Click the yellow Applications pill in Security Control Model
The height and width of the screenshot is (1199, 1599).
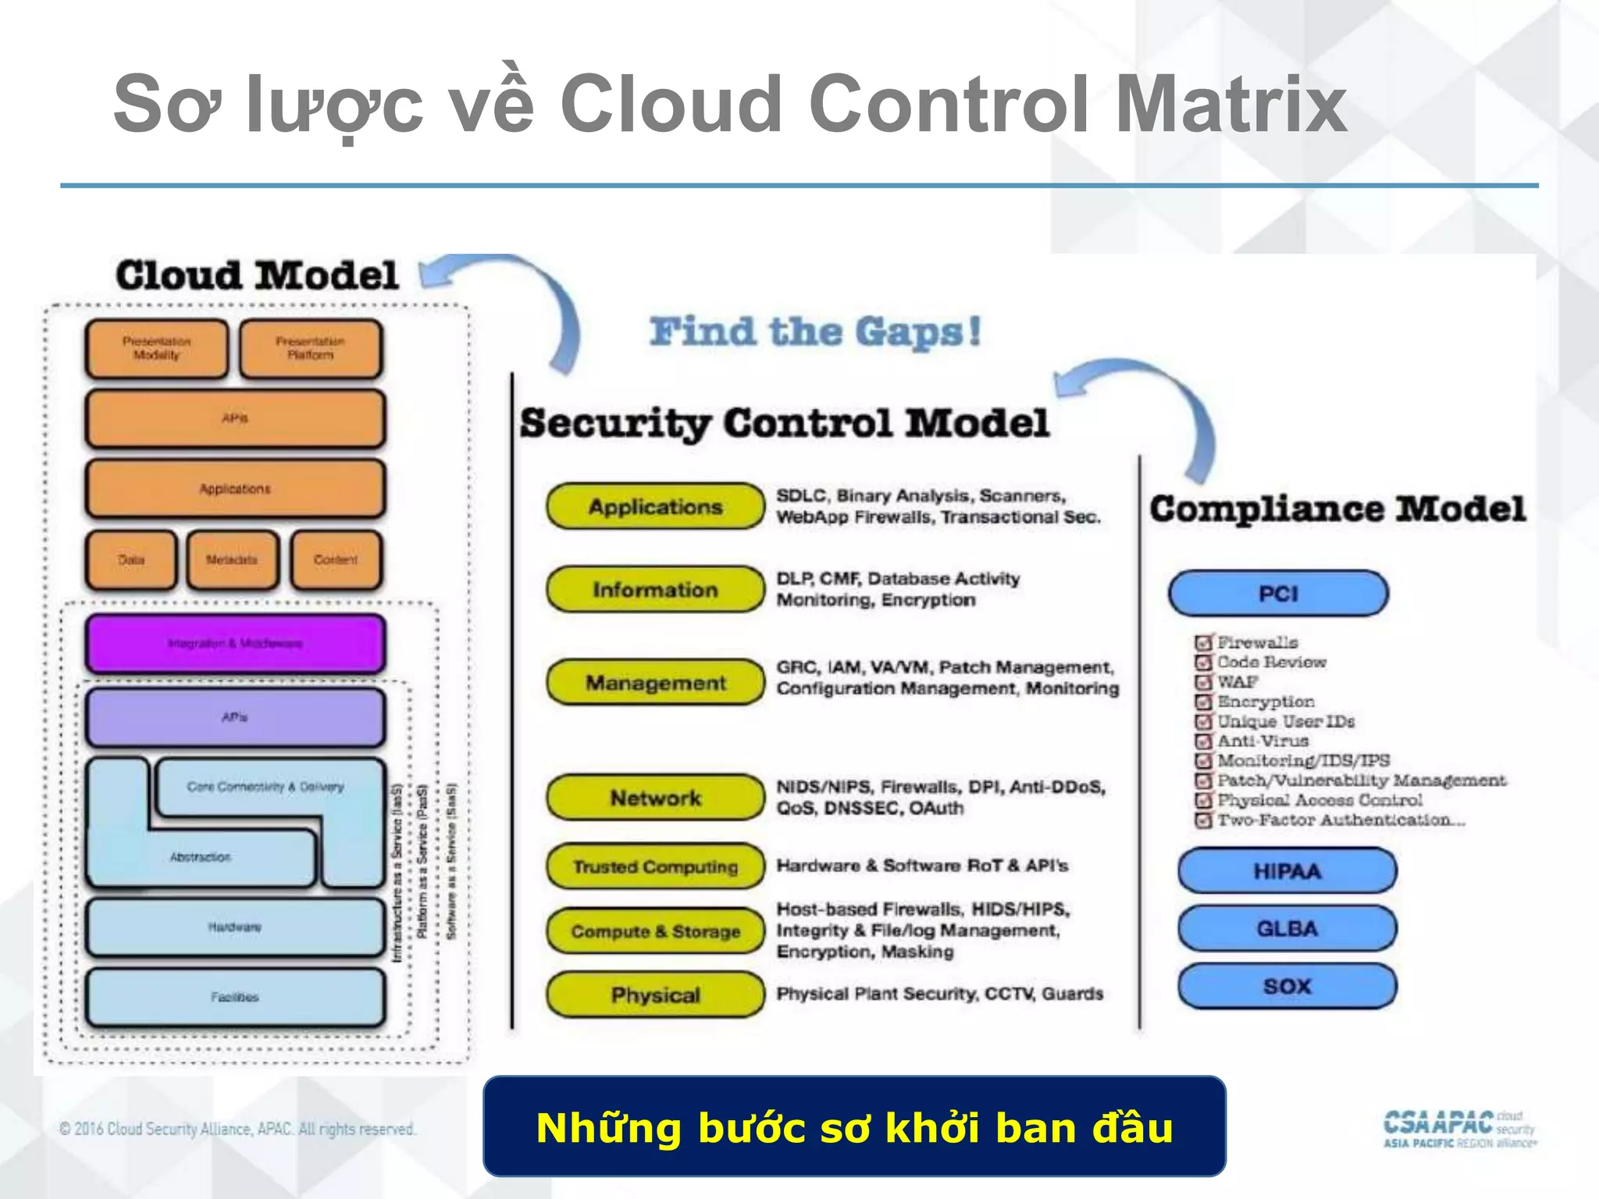655,507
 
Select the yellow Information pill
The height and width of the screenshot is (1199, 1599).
655,589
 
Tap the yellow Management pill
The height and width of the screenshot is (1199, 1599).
655,682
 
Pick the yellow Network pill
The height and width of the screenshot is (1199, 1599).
655,797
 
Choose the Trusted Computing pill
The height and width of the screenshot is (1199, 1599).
655,866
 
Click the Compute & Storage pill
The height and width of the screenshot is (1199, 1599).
655,931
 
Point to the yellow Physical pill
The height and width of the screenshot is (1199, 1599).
655,994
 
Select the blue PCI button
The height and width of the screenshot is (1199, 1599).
1278,594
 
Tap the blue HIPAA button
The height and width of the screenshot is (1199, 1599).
1287,870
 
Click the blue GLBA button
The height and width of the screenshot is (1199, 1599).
1287,928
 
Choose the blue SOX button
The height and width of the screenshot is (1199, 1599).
1287,986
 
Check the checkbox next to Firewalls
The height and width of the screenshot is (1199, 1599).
1203,643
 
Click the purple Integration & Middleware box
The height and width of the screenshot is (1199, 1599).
235,643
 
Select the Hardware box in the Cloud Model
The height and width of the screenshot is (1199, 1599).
235,927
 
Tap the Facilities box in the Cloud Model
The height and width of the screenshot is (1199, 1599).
235,997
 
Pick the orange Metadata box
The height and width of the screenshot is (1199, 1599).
232,560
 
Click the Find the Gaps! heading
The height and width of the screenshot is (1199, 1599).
815,332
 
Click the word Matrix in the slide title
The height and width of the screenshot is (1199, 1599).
1230,104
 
